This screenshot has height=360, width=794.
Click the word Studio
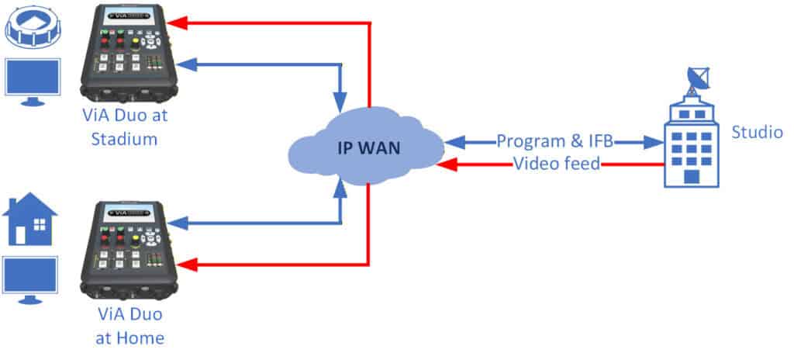(x=757, y=132)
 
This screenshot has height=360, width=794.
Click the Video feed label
(x=557, y=164)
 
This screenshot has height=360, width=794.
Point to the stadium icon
(x=31, y=26)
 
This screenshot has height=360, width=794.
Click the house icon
(x=30, y=219)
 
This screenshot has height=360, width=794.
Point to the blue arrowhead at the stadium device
(x=185, y=66)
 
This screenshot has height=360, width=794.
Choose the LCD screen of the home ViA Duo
(x=129, y=209)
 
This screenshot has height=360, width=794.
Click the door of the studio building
(x=692, y=177)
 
